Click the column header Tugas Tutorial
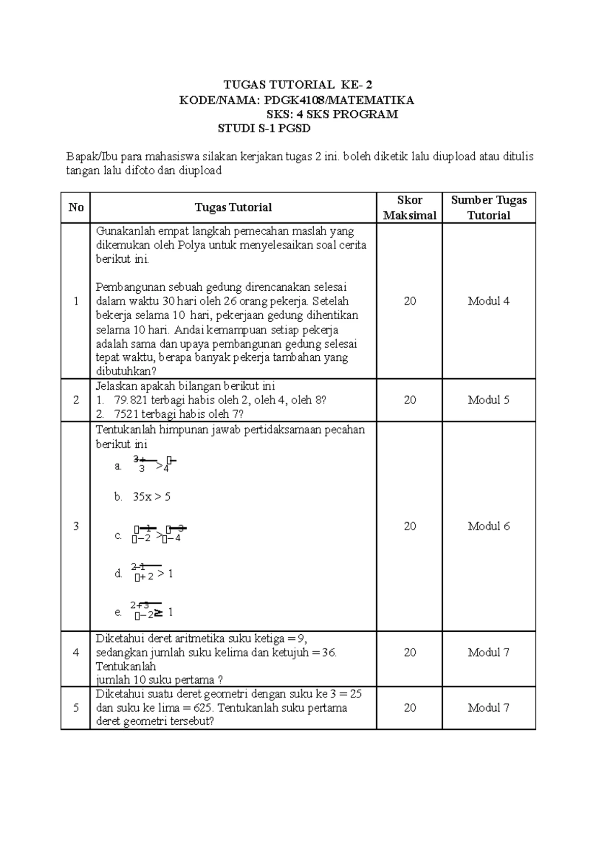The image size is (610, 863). [x=233, y=207]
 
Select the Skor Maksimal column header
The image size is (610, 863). [x=410, y=207]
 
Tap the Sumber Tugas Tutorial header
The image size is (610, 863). [x=489, y=207]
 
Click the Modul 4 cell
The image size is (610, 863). [x=489, y=301]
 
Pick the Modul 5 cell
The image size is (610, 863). [x=489, y=400]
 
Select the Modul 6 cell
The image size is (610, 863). [x=489, y=526]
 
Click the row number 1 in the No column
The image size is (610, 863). [x=76, y=301]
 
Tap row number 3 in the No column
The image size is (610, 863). [x=76, y=526]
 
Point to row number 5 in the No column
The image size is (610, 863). [x=76, y=707]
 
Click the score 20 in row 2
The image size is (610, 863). [x=410, y=400]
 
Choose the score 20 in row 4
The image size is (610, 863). [x=410, y=652]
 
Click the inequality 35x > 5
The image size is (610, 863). [x=151, y=497]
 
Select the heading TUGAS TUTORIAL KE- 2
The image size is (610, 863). [x=302, y=84]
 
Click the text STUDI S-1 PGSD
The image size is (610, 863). [x=264, y=129]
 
